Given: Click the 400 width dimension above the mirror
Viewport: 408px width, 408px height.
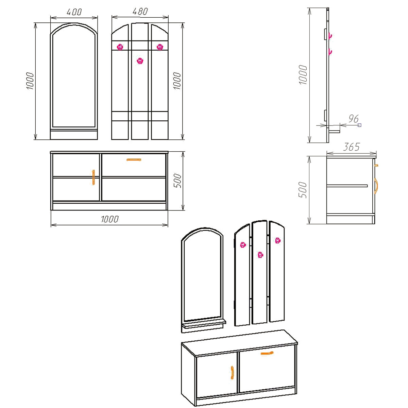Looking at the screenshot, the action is point(74,12).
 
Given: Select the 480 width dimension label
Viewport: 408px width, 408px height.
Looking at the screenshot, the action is point(140,11).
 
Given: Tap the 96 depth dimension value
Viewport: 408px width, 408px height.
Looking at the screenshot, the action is point(354,119).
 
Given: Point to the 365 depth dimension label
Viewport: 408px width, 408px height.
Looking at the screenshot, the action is point(352,147).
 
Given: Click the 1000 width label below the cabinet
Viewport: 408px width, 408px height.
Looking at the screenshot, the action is point(110,219).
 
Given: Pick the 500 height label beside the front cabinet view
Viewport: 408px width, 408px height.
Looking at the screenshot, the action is point(177,181).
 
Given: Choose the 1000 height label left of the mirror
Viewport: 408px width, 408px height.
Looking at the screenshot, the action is point(30,81).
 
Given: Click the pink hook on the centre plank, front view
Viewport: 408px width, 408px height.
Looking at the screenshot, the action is point(140,61).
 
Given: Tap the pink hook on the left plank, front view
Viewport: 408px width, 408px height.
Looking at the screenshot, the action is point(120,47).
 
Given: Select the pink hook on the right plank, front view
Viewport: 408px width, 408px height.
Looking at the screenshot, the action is point(160,47).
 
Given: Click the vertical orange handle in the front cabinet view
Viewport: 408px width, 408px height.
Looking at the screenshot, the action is point(93,177).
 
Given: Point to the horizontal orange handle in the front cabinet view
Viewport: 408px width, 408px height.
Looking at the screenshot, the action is point(134,160).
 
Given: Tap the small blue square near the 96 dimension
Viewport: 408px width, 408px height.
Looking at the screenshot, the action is point(359,125).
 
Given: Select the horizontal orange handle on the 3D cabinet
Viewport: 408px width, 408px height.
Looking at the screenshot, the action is point(267,353).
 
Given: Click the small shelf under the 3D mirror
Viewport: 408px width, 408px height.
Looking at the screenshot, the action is point(205,324).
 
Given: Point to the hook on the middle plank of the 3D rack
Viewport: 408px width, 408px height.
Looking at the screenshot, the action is point(260,255).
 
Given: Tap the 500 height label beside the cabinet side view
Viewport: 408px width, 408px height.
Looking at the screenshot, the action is point(303,190).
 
